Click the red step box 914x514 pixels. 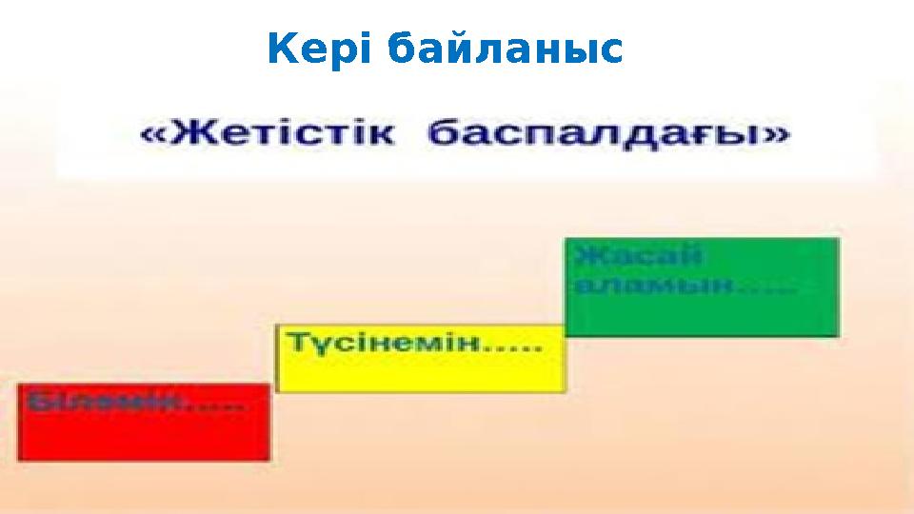[143, 433]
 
